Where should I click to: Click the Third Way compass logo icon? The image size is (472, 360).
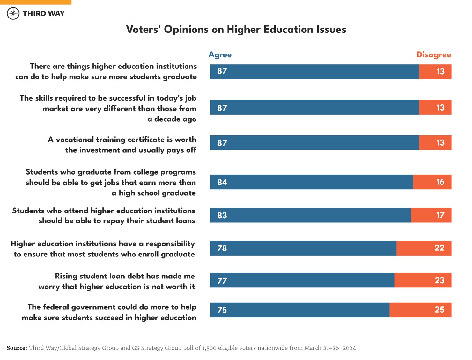[13, 13]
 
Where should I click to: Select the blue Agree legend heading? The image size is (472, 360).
[220, 55]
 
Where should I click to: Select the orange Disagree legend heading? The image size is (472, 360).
[434, 55]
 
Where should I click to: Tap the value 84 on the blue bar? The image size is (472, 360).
[222, 182]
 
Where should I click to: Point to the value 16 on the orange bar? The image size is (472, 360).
[440, 182]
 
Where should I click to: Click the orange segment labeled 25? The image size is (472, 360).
[420, 310]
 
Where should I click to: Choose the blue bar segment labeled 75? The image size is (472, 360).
[300, 310]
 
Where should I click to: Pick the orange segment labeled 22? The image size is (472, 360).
[424, 248]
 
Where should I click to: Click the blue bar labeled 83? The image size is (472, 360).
[310, 215]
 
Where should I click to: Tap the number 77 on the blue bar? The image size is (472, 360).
[222, 281]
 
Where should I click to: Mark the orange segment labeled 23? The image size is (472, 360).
[423, 280]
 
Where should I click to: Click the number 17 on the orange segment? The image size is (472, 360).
[440, 215]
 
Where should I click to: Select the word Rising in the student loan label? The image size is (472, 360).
[66, 276]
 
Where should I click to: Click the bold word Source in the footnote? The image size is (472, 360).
[17, 348]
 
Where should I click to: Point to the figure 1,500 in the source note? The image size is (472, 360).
[208, 348]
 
